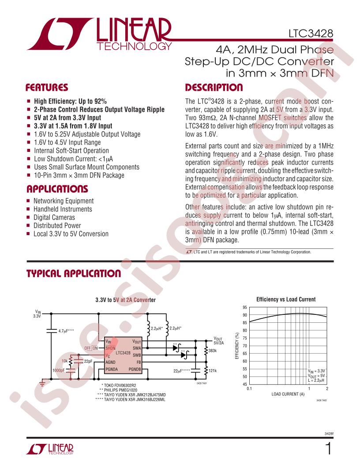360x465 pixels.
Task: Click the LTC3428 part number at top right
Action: coord(311,33)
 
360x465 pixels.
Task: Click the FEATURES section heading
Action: coord(47,88)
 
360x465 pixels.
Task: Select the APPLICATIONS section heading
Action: coord(57,189)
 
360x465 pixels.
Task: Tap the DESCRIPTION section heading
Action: coord(214,88)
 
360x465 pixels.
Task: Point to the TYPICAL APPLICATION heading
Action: coord(74,273)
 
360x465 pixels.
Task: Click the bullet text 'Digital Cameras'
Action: coord(54,218)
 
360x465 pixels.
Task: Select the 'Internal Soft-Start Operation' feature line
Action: coord(71,151)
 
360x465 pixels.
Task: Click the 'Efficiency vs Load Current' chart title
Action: coord(286,299)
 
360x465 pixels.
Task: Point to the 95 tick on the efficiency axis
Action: coord(245,307)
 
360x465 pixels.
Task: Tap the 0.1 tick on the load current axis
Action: coord(249,388)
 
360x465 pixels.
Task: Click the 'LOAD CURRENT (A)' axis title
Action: coord(288,394)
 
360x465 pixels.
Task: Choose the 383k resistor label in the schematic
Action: coord(213,351)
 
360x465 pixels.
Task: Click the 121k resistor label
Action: coord(213,371)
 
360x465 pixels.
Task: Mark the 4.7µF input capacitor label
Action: coord(66,331)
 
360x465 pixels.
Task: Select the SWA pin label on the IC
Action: coord(137,348)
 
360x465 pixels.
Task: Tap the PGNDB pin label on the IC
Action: coord(135,369)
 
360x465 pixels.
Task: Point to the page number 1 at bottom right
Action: coord(328,448)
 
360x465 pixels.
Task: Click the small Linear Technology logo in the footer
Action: coord(49,449)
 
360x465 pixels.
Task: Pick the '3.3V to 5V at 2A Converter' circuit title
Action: coord(125,300)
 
